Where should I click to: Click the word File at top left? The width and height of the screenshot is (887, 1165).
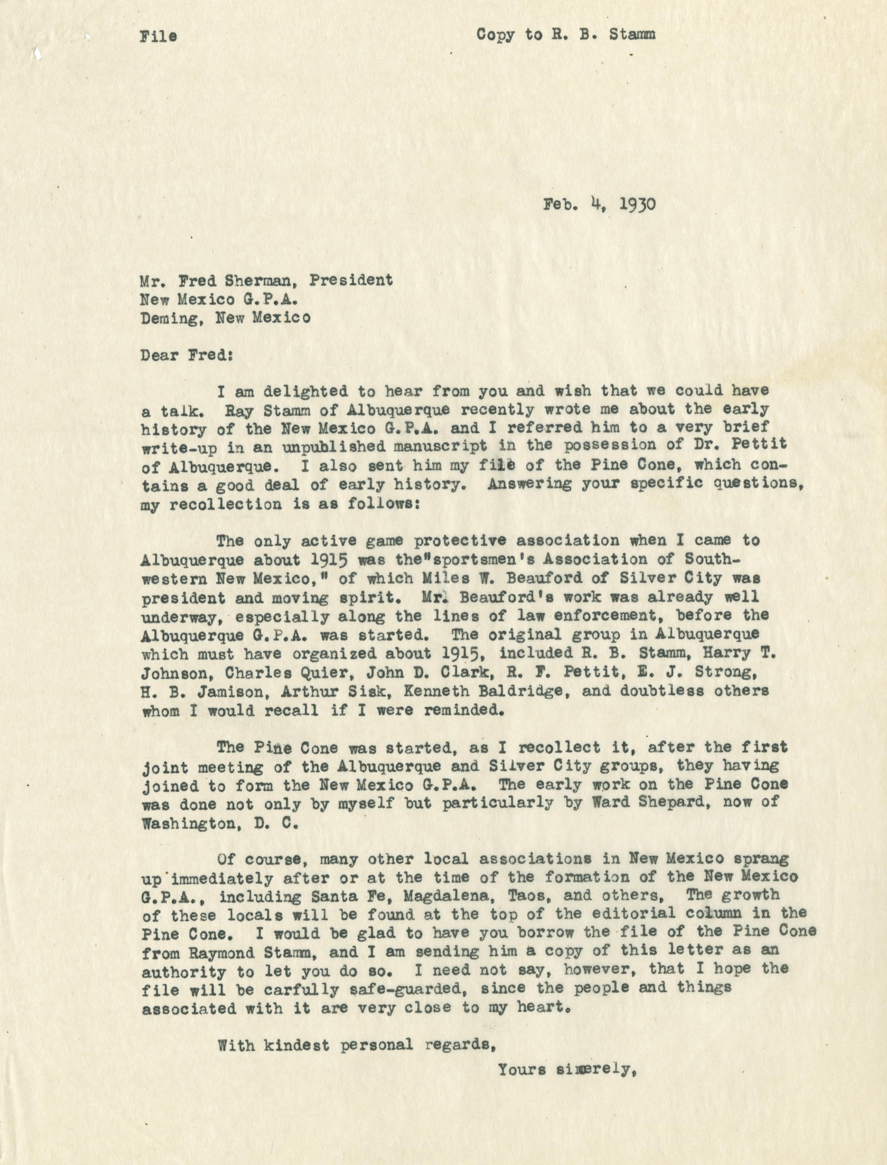pyautogui.click(x=158, y=36)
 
